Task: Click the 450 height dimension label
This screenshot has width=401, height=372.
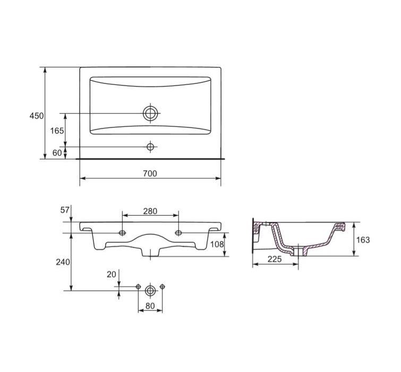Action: pos(37,116)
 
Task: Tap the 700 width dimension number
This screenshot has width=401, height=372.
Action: pos(150,173)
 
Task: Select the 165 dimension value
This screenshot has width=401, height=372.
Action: pos(57,131)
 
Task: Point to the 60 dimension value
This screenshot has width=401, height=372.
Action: pos(57,153)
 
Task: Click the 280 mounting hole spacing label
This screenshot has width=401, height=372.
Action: pos(150,212)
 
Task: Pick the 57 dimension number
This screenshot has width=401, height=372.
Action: pos(65,210)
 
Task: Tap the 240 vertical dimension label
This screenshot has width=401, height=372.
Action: pos(63,262)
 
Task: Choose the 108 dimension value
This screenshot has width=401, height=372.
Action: pos(217,244)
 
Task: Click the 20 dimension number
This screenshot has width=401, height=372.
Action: pos(111,275)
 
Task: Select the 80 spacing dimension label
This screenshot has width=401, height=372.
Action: pos(150,306)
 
